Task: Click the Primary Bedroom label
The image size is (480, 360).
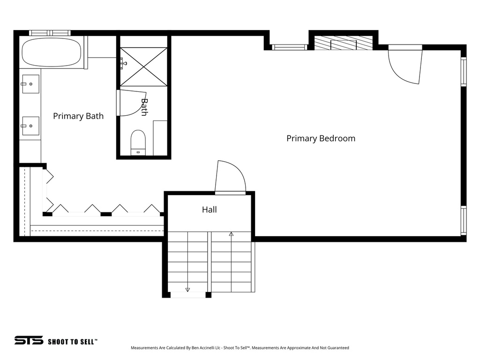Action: (x=321, y=138)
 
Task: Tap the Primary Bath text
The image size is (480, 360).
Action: (x=78, y=116)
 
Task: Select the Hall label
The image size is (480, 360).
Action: (x=209, y=210)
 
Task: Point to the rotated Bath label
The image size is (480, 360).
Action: (x=144, y=107)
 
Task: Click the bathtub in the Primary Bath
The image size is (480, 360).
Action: (x=51, y=52)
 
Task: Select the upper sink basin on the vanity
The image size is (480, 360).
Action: (x=30, y=84)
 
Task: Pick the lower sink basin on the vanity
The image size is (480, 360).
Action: (x=30, y=126)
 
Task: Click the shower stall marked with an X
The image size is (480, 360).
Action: (x=143, y=66)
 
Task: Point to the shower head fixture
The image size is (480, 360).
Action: (x=123, y=62)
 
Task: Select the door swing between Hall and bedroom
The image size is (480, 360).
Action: (x=230, y=177)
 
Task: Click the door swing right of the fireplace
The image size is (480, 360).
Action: (x=406, y=66)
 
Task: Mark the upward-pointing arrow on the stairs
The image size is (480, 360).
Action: (x=231, y=233)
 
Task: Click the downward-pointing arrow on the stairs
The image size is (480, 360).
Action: (x=187, y=289)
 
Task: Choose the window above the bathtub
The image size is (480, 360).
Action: (x=49, y=33)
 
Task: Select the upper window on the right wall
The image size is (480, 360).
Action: (x=464, y=72)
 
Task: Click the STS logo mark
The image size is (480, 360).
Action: (x=29, y=340)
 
